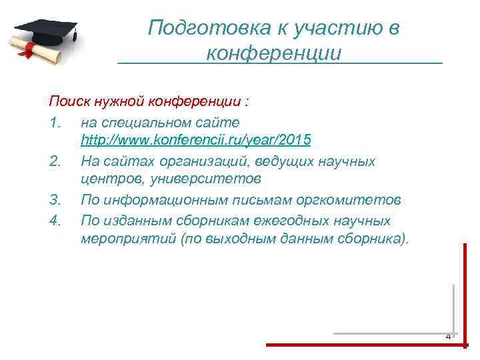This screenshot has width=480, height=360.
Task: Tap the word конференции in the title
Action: pyautogui.click(x=274, y=52)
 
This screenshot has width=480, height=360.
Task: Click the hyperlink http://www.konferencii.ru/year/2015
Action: pyautogui.click(x=196, y=141)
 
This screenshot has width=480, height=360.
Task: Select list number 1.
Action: pyautogui.click(x=55, y=122)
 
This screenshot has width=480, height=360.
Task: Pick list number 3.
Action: pyautogui.click(x=55, y=201)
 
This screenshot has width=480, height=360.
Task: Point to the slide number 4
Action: pyautogui.click(x=448, y=337)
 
